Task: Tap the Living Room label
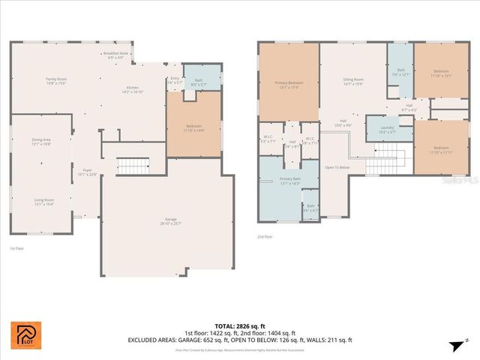[x=43, y=201]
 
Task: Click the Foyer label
[x=87, y=172]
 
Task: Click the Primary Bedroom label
[x=289, y=84]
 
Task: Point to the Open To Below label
[x=337, y=167]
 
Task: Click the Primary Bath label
[x=289, y=180]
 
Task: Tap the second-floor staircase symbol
[x=389, y=158]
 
